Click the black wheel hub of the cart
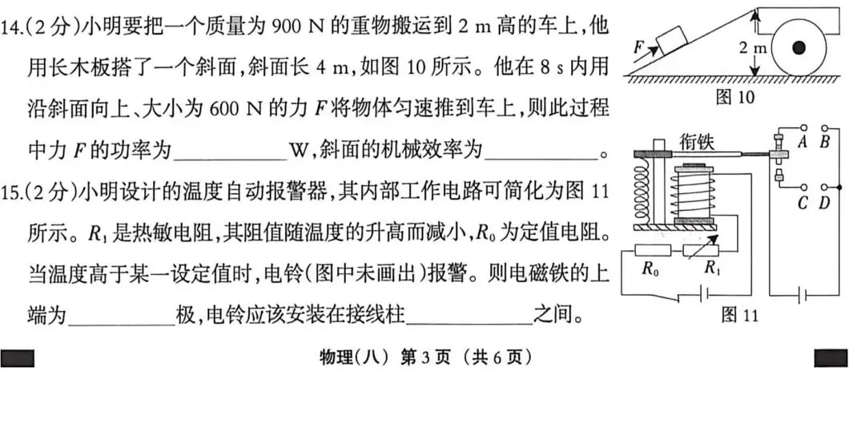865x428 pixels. coord(798,49)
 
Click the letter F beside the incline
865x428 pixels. coord(639,47)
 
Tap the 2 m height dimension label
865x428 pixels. coord(753,48)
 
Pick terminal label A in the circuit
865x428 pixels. coord(802,142)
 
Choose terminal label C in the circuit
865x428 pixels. coord(802,203)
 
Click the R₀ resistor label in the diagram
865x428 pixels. coord(650,269)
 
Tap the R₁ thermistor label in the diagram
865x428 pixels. coord(711,269)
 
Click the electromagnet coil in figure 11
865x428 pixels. coord(694,192)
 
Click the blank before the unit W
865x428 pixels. coord(228,150)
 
